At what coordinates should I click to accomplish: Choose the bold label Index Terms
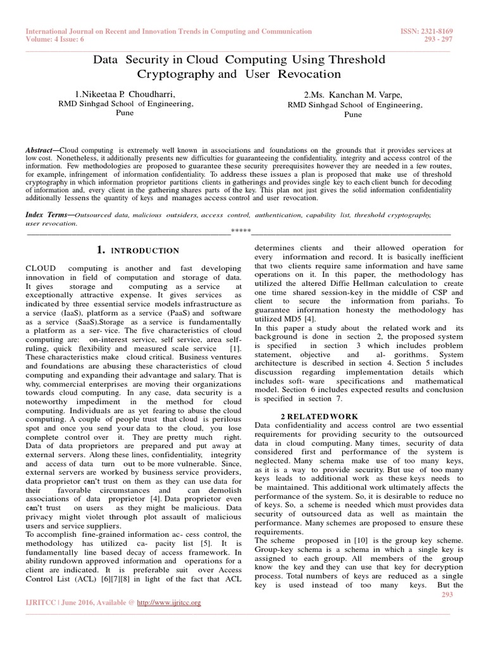[48, 215]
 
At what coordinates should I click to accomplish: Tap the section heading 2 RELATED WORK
[315, 414]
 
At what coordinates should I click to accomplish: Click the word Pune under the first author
[125, 112]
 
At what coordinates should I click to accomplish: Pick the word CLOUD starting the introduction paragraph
[41, 269]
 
